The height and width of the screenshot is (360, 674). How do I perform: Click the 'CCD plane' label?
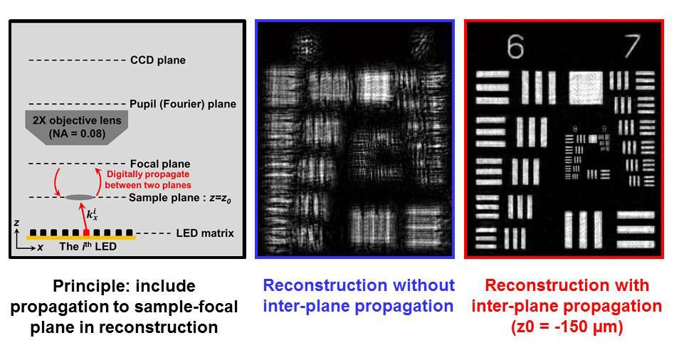(158, 60)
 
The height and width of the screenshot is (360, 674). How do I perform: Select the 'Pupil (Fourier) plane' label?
(183, 104)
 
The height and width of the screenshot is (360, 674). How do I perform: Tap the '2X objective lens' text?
(74, 120)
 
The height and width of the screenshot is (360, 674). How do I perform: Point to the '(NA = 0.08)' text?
(74, 133)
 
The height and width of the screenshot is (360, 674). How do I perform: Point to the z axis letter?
(16, 223)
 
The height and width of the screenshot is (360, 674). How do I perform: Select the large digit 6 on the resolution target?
(516, 48)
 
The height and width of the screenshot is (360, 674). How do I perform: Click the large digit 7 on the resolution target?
(632, 48)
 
